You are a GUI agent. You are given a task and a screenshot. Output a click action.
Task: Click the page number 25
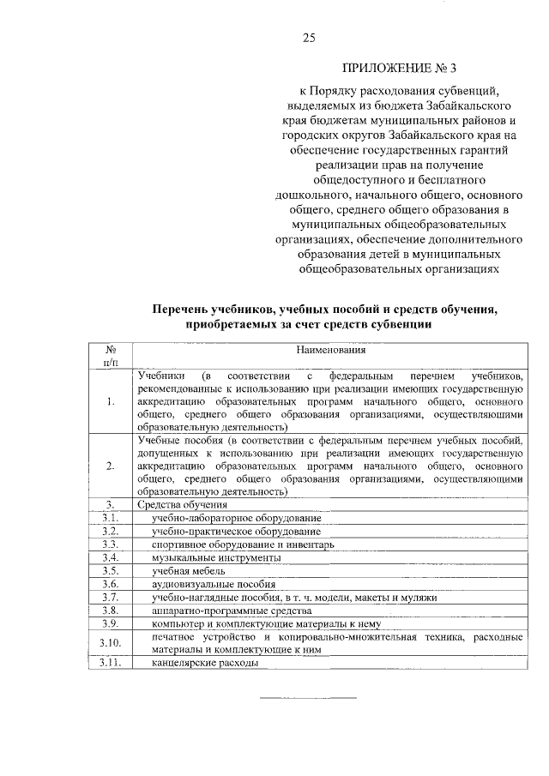click(310, 37)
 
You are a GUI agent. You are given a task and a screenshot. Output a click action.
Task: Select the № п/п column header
click(111, 357)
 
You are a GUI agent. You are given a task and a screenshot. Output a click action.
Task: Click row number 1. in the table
click(111, 401)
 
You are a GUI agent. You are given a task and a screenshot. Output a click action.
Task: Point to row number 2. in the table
click(111, 466)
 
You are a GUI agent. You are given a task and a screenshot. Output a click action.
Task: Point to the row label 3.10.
click(111, 643)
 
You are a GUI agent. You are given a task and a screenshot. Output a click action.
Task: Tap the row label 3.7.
click(109, 597)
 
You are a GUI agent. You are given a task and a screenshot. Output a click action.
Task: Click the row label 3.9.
click(109, 623)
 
